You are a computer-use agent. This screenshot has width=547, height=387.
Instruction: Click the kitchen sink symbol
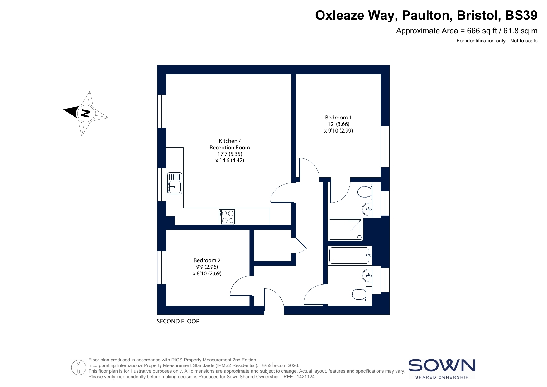174,183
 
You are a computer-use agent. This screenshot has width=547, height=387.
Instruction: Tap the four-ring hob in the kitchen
227,217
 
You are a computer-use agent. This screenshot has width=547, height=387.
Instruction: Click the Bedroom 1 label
338,118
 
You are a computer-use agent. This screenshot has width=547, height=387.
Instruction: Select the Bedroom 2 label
207,260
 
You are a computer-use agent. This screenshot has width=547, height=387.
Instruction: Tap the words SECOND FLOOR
178,321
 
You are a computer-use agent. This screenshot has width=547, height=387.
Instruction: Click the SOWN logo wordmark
442,365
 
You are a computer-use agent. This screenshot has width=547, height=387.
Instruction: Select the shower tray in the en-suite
346,229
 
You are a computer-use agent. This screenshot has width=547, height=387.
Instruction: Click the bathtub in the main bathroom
350,255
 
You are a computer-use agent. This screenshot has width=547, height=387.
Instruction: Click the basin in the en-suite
367,209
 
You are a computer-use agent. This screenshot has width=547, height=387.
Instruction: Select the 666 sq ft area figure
482,31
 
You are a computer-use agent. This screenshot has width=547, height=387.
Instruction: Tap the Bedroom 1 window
385,147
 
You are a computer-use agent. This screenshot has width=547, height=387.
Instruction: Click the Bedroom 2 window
161,268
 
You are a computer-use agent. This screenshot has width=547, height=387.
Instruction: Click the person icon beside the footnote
79,368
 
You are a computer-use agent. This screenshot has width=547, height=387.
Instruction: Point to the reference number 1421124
306,377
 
